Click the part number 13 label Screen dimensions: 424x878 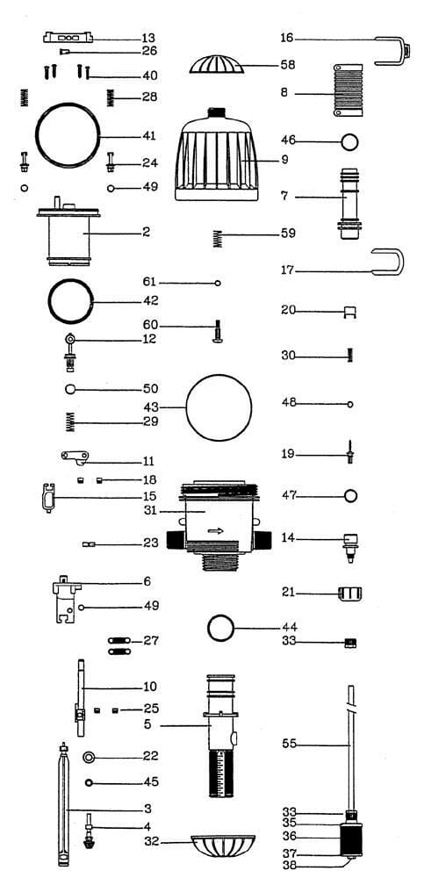147,38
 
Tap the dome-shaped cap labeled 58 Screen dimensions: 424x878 218,64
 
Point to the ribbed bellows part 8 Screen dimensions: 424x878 348,90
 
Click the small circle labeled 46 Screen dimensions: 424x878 349,141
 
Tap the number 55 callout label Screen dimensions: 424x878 289,745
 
